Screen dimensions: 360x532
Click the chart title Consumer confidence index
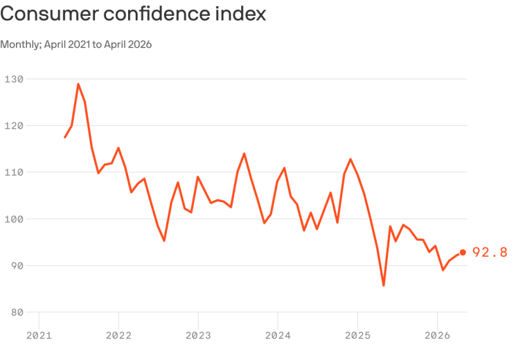tap(133, 14)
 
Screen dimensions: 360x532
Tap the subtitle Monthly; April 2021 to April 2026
tap(76, 44)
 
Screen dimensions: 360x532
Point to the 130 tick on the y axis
tap(15, 79)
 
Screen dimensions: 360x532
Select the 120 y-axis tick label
tap(15, 126)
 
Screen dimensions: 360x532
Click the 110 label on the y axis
tap(15, 172)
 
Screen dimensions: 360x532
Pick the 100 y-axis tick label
tap(15, 219)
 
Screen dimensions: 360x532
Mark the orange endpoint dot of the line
tap(463, 253)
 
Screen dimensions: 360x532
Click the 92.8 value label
tap(490, 253)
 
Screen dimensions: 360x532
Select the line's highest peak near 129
tap(78, 84)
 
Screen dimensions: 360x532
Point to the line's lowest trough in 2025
tap(384, 285)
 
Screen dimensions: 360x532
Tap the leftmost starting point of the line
tap(65, 137)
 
